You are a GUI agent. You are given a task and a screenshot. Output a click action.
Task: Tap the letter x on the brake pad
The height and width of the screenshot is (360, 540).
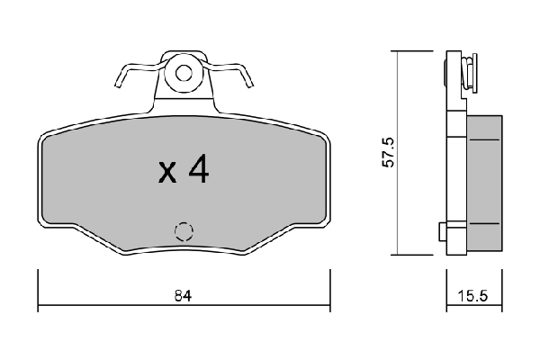point(167,173)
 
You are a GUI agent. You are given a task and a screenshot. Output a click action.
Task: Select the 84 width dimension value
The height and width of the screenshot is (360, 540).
point(184,294)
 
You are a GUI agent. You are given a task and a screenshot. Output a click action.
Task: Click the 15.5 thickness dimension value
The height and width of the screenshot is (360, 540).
point(472,294)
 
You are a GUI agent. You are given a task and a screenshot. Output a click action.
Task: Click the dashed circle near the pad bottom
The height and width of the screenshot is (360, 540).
point(184,230)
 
